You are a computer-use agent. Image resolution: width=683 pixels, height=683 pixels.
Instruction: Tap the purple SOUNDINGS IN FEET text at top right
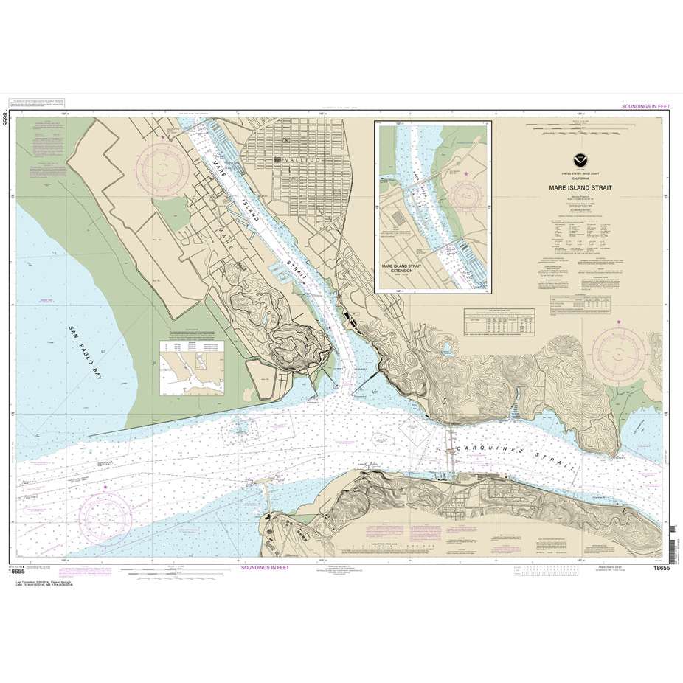click(637, 106)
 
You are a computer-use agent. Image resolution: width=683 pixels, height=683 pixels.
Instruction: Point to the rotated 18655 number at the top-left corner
click(6, 116)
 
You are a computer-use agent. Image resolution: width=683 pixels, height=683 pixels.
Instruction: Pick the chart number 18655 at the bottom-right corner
click(661, 569)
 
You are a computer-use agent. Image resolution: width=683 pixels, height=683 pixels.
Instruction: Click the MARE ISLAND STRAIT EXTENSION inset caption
click(406, 268)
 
